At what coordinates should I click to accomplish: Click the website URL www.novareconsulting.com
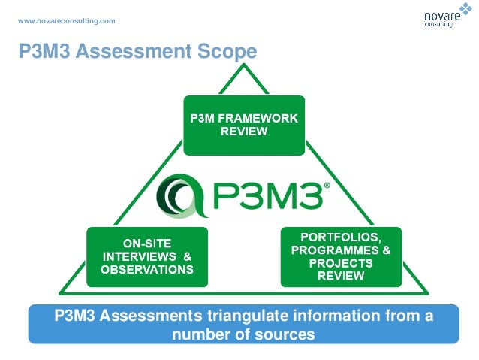pyautogui.click(x=67, y=20)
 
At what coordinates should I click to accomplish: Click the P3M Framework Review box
pyautogui.click(x=244, y=125)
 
